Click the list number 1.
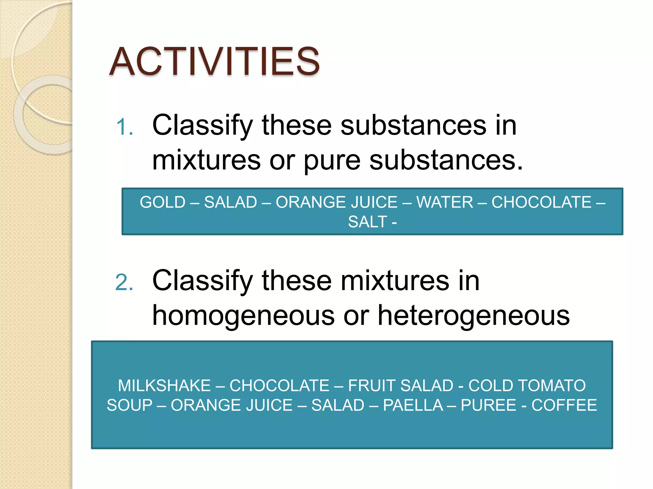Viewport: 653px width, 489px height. (124, 127)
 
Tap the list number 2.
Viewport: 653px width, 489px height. (124, 282)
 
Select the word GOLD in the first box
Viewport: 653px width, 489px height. (163, 202)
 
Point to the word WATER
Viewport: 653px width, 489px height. (444, 202)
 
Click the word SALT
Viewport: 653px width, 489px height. (367, 222)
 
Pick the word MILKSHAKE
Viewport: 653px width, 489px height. (165, 386)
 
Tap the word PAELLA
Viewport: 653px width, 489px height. (413, 405)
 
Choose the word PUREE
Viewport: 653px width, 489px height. (488, 405)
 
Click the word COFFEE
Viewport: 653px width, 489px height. (564, 405)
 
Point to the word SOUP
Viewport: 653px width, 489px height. (129, 405)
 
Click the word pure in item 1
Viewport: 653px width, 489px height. (332, 160)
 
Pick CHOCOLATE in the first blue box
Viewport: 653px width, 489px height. (541, 202)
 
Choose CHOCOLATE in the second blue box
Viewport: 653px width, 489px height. (279, 386)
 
